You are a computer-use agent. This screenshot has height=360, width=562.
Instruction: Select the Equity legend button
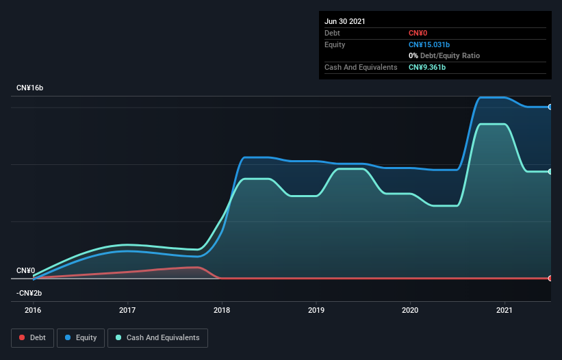click(x=81, y=337)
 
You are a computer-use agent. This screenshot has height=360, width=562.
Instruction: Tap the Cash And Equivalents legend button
click(x=157, y=337)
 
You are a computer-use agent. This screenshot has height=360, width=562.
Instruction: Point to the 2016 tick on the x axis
click(x=33, y=310)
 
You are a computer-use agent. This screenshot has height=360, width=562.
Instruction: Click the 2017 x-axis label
click(x=127, y=310)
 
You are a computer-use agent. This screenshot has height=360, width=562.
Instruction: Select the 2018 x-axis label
click(x=222, y=310)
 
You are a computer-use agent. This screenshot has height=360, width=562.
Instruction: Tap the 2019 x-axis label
click(x=316, y=310)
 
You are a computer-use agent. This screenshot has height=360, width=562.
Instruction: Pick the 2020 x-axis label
click(x=410, y=310)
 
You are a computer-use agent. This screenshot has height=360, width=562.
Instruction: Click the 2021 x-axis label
click(x=504, y=310)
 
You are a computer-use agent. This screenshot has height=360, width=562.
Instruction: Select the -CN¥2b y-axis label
click(x=29, y=293)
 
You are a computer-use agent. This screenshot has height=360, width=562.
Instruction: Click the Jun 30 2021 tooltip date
click(x=345, y=21)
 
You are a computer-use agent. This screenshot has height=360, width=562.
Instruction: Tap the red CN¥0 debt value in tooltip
click(x=418, y=33)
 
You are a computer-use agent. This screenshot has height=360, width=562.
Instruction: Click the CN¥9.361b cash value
click(x=428, y=67)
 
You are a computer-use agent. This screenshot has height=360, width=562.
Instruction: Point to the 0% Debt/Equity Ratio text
click(x=444, y=55)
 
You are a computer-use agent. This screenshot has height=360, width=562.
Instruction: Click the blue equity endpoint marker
click(x=550, y=107)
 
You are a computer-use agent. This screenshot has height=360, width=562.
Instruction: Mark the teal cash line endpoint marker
click(x=550, y=172)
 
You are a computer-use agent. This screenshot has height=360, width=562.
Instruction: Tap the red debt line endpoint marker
click(x=550, y=278)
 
